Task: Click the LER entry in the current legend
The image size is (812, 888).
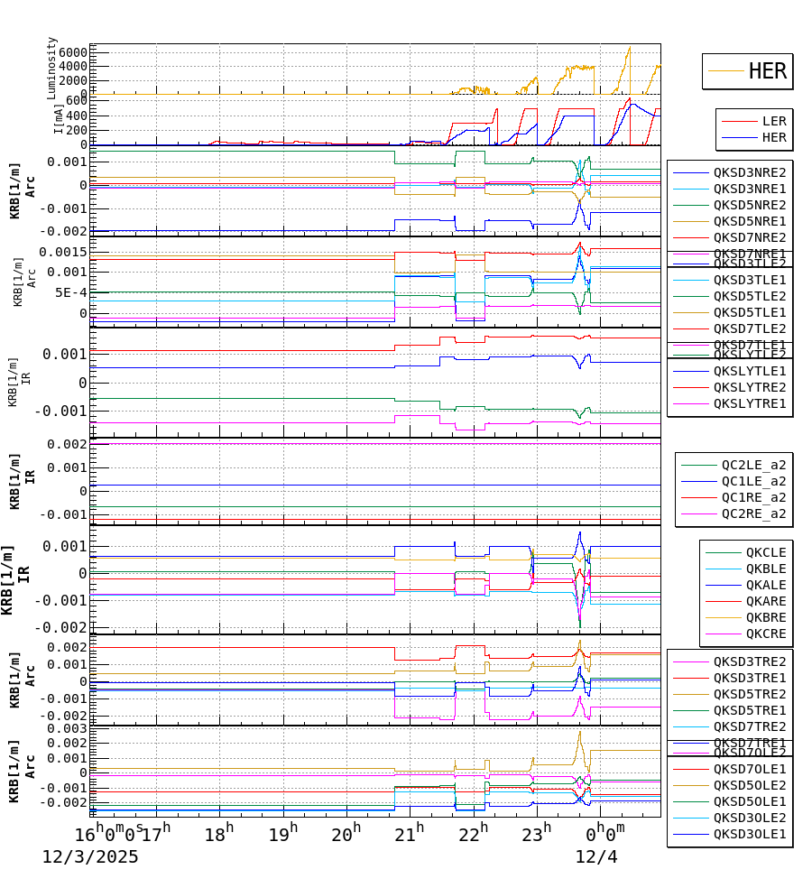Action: click(773, 121)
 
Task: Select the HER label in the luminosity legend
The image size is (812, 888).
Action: click(767, 71)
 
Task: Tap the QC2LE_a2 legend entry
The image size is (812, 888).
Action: click(752, 465)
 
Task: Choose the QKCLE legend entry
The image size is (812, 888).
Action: click(765, 552)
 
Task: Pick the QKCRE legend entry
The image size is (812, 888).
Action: click(765, 634)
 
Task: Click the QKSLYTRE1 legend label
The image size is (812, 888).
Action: click(749, 403)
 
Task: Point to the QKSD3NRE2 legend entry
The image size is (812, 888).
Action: click(749, 172)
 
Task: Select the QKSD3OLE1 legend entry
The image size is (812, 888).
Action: click(749, 834)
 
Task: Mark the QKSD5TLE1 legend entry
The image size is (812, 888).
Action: click(749, 312)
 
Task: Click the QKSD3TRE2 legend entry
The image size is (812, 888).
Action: click(749, 661)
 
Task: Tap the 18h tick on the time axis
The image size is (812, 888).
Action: click(217, 832)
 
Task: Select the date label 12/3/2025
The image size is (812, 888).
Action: click(90, 856)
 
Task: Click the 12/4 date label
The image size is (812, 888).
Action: click(596, 856)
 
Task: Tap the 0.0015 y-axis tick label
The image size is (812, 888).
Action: click(62, 252)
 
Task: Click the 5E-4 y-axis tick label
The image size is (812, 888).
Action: click(70, 292)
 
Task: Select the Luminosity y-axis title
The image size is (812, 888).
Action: click(52, 68)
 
